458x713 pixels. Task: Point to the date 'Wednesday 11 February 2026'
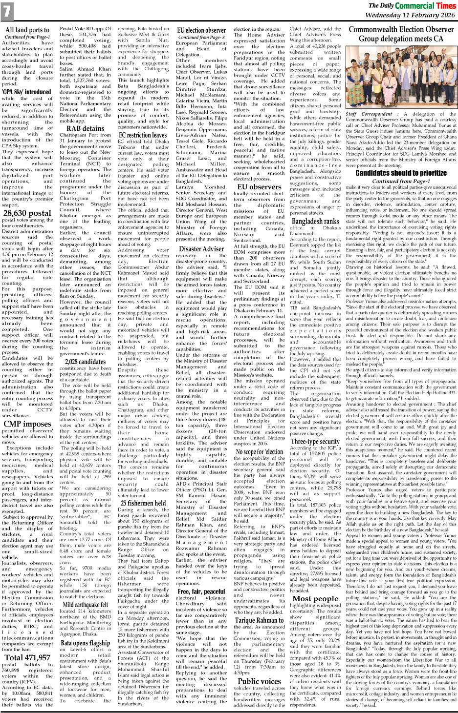tap(410, 15)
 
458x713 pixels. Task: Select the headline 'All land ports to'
tap(27, 30)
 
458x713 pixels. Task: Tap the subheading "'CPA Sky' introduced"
tap(26, 92)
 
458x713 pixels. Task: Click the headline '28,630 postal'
tap(27, 213)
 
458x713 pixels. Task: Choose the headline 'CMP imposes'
tap(27, 424)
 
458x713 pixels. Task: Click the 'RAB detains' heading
tap(85, 128)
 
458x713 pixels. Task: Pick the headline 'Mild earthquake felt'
tap(85, 604)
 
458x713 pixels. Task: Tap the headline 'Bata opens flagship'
tap(85, 643)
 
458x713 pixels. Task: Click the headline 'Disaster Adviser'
tap(201, 248)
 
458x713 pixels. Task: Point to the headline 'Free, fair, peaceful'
tap(201, 591)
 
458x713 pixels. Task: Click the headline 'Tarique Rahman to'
tap(259, 620)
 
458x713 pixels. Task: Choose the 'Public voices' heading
tap(259, 681)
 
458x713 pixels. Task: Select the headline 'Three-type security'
tap(315, 441)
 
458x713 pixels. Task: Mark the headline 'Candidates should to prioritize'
tap(401, 173)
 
